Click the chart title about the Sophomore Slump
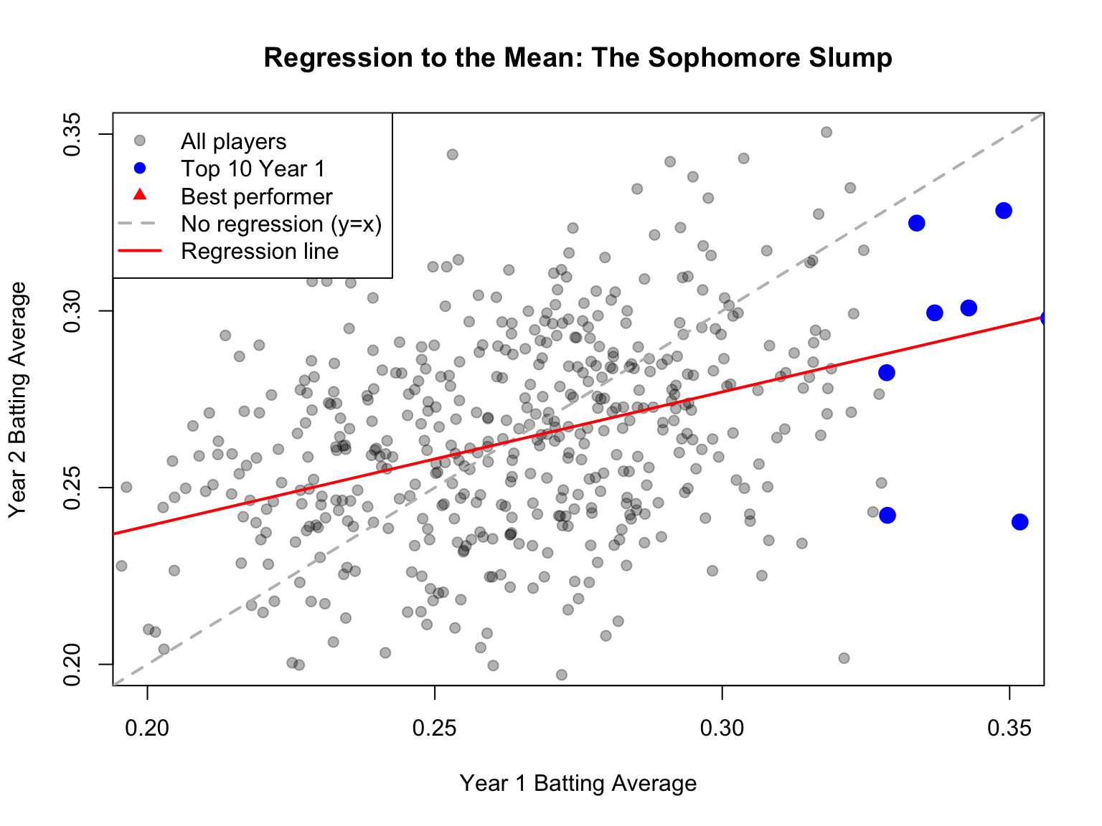point(578,58)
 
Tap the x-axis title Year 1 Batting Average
point(578,784)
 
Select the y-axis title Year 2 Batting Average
point(18,399)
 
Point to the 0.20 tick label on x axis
point(147,729)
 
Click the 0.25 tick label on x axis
point(435,729)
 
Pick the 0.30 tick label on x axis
point(722,729)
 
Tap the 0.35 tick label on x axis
point(1009,729)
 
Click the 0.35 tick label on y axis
point(72,134)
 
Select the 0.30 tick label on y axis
point(72,310)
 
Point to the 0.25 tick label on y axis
point(72,488)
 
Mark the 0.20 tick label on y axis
point(72,664)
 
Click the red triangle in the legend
point(140,195)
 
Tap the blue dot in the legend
point(140,168)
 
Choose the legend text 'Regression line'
point(260,252)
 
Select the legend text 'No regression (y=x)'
point(281,224)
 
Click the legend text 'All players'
point(233,141)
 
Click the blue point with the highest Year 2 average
point(1004,211)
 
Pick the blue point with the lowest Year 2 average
point(1019,522)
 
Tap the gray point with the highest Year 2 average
point(826,132)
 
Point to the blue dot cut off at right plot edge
point(1047,318)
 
